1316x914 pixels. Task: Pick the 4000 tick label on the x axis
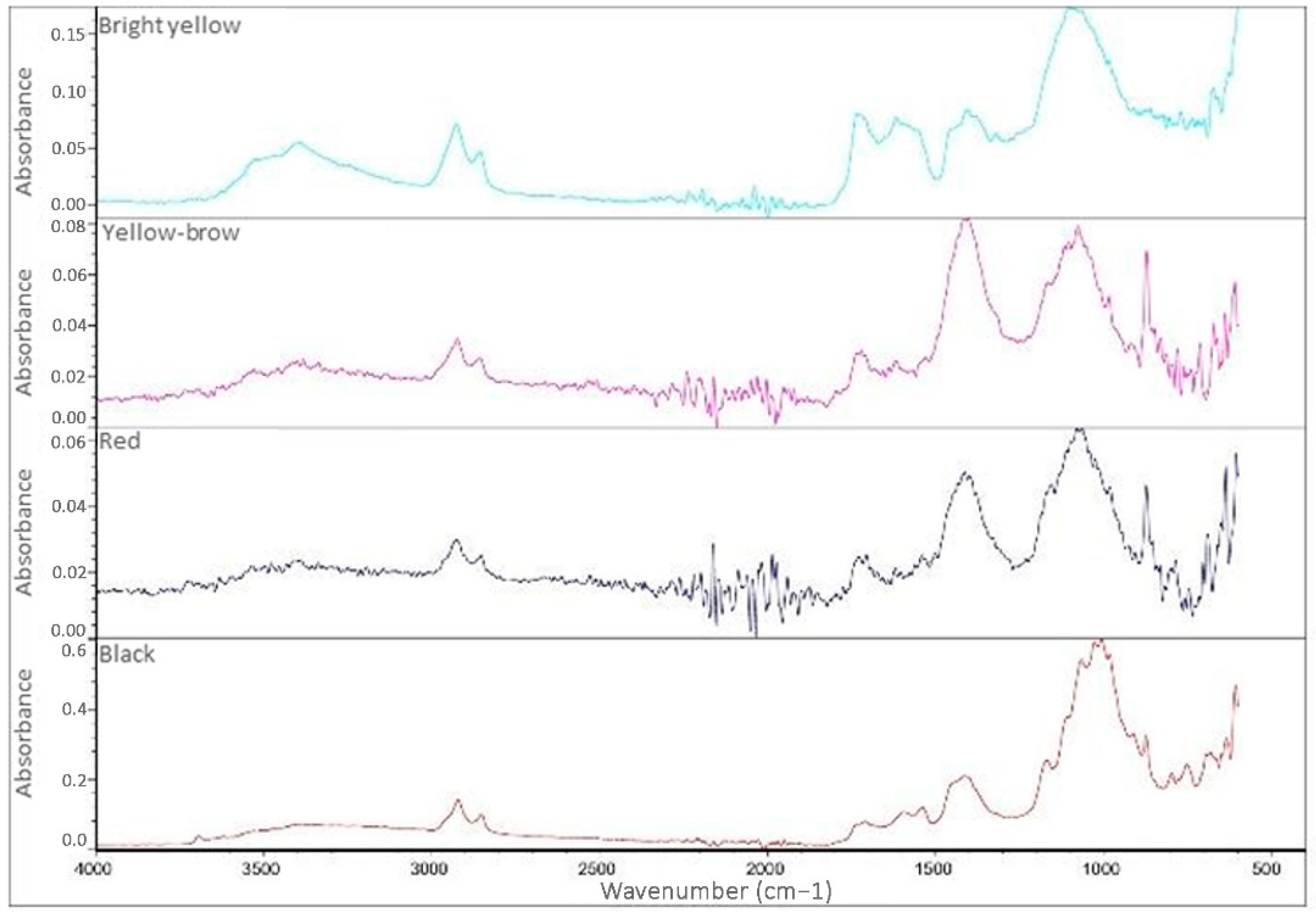(x=96, y=871)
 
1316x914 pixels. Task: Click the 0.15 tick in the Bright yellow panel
(x=68, y=35)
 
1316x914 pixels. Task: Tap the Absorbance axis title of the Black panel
(x=24, y=733)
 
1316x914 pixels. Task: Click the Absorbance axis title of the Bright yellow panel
(x=24, y=131)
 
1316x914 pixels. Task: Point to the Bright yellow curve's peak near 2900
(x=456, y=124)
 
